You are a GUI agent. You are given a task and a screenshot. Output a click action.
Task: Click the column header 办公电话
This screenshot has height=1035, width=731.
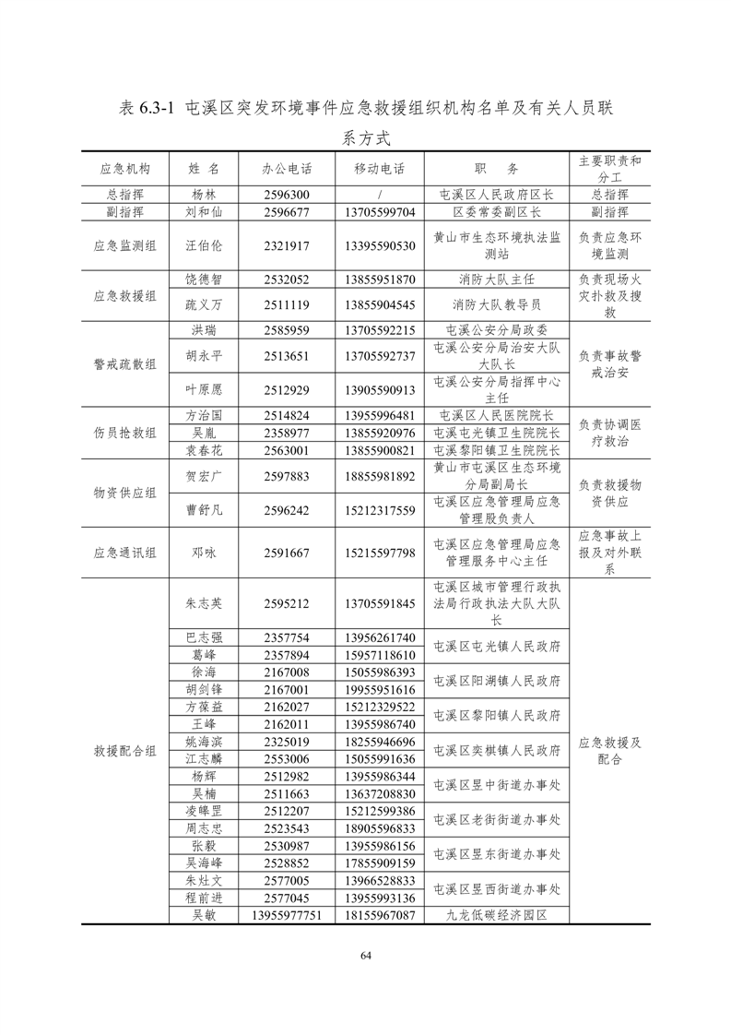click(287, 169)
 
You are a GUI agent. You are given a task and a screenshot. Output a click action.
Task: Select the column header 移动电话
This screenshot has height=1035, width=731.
click(379, 169)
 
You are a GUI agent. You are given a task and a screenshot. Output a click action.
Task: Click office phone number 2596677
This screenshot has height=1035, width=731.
click(287, 211)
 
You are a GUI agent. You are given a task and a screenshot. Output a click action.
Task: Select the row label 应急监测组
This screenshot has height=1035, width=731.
click(124, 245)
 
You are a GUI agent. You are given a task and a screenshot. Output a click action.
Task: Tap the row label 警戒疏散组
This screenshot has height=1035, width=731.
click(124, 363)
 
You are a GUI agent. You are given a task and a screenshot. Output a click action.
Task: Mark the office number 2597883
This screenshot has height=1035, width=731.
click(287, 476)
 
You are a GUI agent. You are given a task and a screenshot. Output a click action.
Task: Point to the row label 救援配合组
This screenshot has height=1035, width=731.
click(124, 751)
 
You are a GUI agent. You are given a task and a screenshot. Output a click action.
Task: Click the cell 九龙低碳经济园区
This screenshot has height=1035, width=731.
click(497, 915)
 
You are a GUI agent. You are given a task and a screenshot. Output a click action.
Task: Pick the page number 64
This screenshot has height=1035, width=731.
click(365, 955)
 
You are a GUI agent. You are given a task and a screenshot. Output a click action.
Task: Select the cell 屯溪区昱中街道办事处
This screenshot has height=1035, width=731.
click(497, 785)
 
